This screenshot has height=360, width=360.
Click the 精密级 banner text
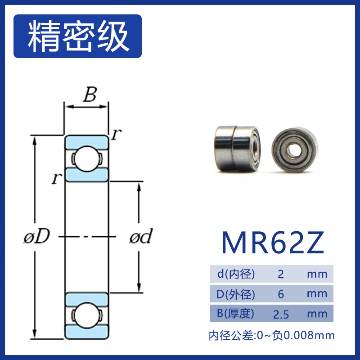[78, 36]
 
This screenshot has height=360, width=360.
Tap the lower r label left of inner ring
[56, 179]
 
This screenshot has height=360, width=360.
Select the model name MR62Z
[272, 243]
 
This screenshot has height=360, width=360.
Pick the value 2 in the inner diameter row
[281, 274]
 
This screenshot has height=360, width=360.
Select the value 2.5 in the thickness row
[281, 314]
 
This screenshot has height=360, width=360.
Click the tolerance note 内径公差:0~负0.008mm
[272, 335]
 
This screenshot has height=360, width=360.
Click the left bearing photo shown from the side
[236, 148]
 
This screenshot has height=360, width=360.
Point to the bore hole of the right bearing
[295, 150]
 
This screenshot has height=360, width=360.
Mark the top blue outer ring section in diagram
[86, 141]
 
